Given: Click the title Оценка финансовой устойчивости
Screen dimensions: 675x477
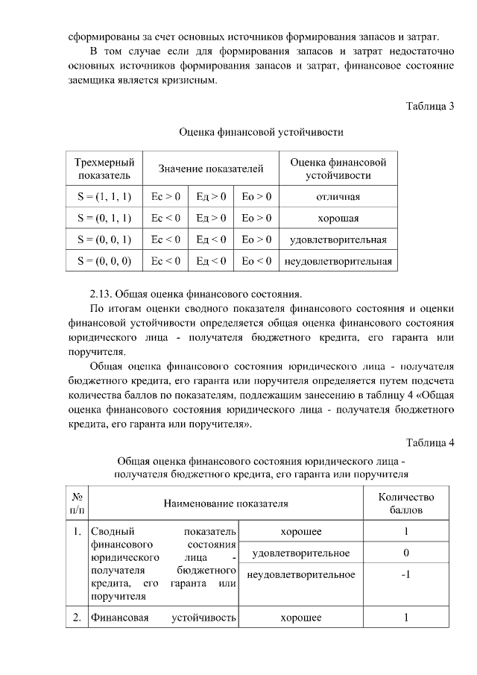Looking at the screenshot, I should tap(261, 133).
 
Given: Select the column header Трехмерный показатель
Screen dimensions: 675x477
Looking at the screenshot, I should tap(104, 169).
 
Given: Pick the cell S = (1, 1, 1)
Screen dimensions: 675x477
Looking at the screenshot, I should tap(104, 197).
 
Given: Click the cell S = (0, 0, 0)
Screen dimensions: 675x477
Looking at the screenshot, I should tap(104, 261).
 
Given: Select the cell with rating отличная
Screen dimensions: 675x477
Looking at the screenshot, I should tap(338, 197).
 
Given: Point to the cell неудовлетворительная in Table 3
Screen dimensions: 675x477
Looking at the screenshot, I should tap(338, 261).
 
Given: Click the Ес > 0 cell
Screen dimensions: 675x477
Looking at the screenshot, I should tap(165, 197).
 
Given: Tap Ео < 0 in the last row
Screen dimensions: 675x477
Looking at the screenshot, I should tap(256, 261).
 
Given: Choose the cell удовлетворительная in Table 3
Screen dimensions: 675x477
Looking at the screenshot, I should tap(338, 239).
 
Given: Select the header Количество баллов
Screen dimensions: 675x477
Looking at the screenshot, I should tap(406, 503).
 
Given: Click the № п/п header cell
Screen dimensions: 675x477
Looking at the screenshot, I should tap(77, 503).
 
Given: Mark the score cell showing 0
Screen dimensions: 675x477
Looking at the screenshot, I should tap(406, 553).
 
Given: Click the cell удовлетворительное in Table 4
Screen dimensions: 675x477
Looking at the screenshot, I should tap(301, 553).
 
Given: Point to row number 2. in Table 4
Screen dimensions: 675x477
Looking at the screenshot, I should tap(77, 618).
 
